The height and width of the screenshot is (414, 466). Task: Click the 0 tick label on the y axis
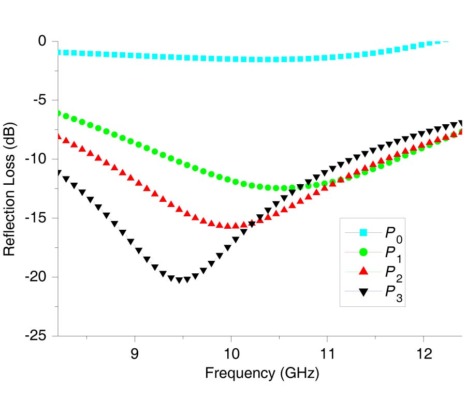coord(41,41)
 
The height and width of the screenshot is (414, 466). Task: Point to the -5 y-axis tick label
coord(38,100)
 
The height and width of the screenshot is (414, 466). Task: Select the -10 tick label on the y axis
coord(35,159)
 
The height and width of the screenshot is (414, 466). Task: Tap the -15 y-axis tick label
coord(35,218)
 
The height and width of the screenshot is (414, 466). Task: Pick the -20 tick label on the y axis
coord(35,277)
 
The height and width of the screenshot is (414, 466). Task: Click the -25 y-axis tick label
coord(35,336)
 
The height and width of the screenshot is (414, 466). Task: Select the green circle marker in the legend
coord(363,252)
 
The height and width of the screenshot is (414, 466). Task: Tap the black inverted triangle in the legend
coord(363,291)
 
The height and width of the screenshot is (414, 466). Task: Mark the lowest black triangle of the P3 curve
coord(180,280)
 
